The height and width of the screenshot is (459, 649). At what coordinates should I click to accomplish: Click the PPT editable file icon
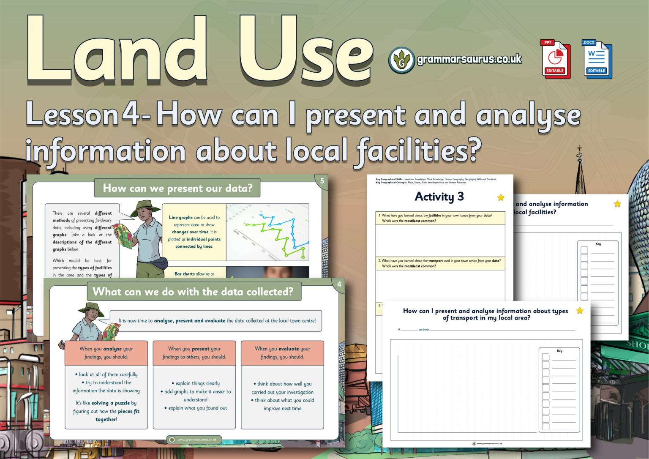coord(555,60)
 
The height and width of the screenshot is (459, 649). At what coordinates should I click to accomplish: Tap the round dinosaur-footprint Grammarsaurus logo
coord(401,60)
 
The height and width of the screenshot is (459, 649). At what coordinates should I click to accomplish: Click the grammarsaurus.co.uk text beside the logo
coord(469,59)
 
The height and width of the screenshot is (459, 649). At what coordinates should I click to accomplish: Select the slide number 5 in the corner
coord(322,181)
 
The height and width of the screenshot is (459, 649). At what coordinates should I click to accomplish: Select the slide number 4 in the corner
coord(339,284)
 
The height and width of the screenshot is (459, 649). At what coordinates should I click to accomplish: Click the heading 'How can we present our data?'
coord(177,188)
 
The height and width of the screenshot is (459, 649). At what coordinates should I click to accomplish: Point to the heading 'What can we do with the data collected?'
coord(193,292)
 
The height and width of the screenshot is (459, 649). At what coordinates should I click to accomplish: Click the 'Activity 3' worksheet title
coord(439,197)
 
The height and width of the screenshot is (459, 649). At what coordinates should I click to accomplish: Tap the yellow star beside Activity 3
coord(501,197)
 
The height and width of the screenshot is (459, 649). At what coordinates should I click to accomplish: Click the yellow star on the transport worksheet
coord(580,311)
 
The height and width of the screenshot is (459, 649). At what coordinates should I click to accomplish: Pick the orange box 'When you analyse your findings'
coord(106,353)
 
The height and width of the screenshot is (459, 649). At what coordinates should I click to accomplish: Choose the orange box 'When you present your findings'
coord(194,353)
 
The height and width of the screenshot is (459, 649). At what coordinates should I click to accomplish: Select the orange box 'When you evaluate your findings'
coord(282,353)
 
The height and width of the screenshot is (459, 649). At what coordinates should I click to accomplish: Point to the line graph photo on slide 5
coord(267,232)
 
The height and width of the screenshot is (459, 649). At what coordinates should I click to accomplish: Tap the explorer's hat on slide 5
coord(145,207)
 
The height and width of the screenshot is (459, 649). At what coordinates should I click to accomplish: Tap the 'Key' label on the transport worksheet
coord(559,351)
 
